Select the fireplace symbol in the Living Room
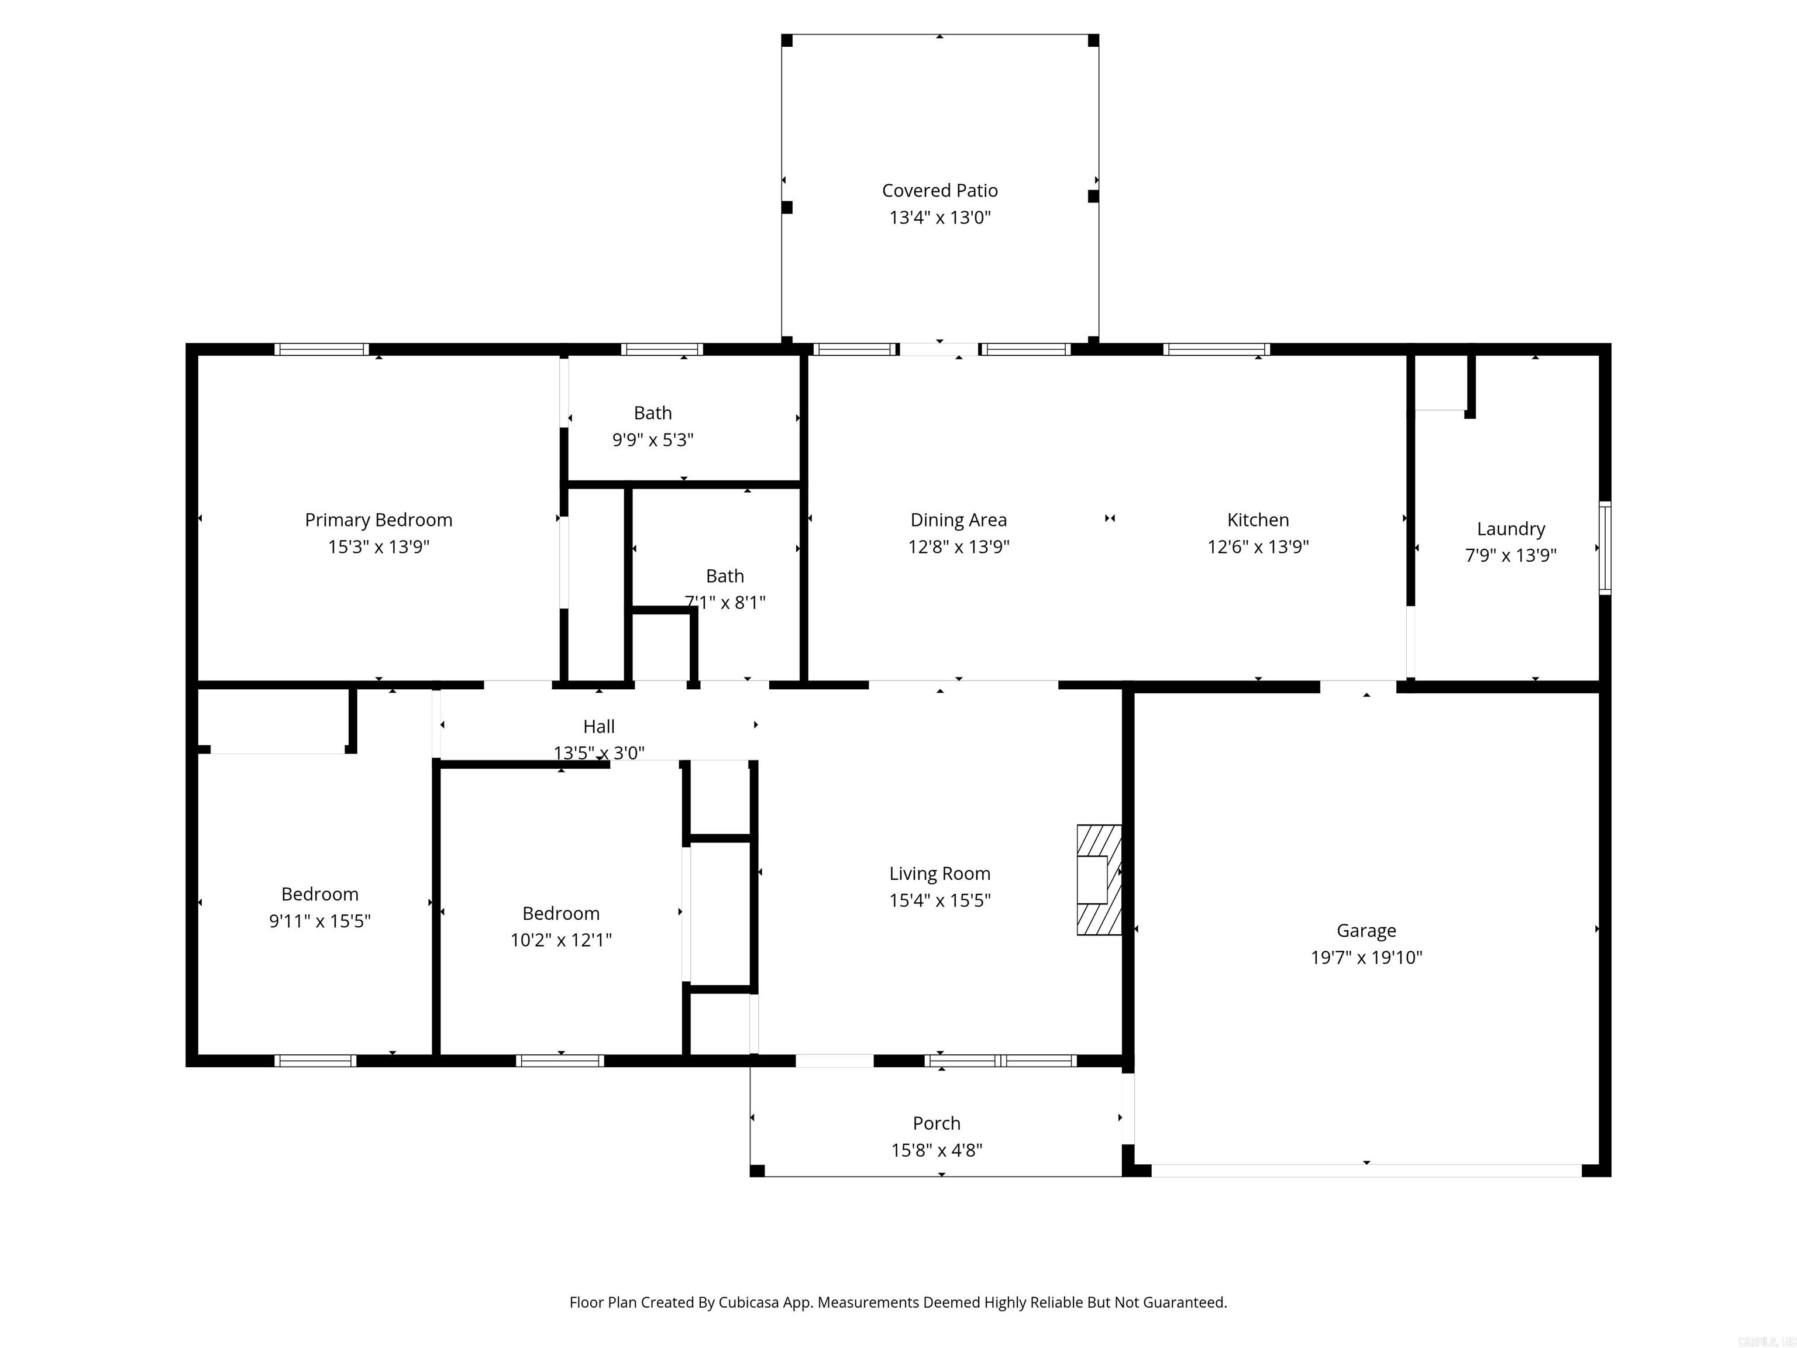[x=1099, y=879]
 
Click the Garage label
[x=1366, y=930]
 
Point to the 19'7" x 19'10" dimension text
[x=1366, y=957]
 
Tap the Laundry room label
[x=1510, y=529]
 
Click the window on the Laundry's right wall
[x=1605, y=548]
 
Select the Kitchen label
[x=1258, y=520]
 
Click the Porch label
[x=936, y=1123]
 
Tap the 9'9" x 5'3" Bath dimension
[x=652, y=439]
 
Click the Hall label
[x=599, y=727]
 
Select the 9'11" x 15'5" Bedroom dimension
[x=320, y=920]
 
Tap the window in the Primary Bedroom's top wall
[x=322, y=349]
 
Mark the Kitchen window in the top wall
[x=1216, y=349]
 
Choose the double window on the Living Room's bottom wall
[x=1001, y=1060]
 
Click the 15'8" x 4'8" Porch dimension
[x=936, y=1150]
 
